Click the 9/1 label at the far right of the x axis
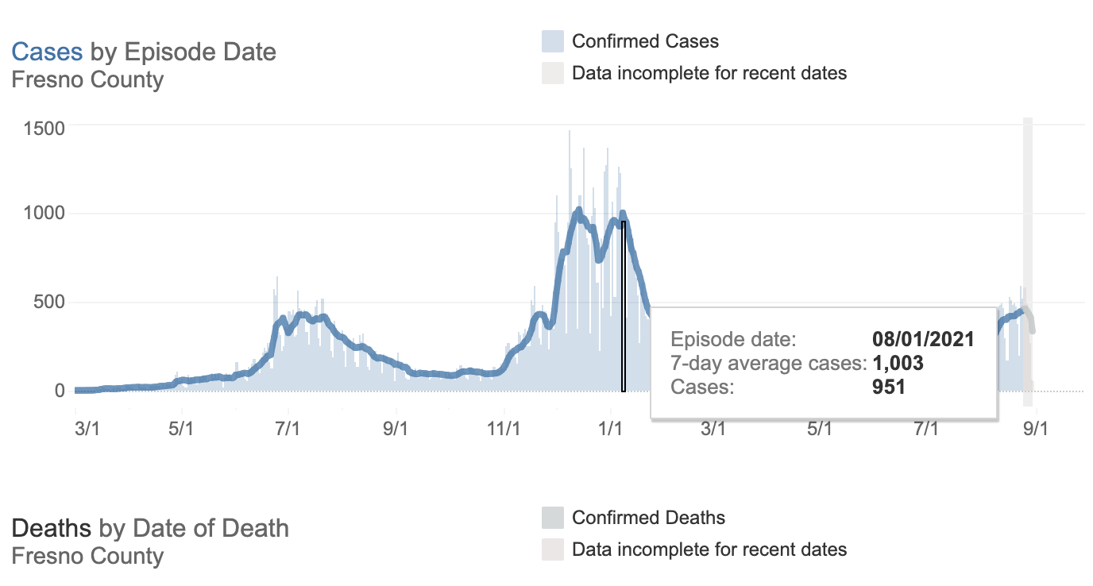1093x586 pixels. coord(1033,430)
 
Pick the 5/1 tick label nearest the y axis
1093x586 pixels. coord(181,430)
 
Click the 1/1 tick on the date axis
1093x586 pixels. coord(610,430)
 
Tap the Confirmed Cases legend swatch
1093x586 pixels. coord(552,41)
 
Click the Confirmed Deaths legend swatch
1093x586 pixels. coord(552,518)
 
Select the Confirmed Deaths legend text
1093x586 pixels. coord(648,518)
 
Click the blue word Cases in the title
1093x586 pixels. coord(47,52)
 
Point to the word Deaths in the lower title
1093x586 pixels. coord(52,528)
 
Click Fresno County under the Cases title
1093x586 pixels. coord(87,79)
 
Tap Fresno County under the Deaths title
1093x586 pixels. coord(87,556)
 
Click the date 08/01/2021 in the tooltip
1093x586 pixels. coord(923,340)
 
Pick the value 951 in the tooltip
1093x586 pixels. coord(889,387)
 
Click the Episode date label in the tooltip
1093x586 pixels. coord(732,340)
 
